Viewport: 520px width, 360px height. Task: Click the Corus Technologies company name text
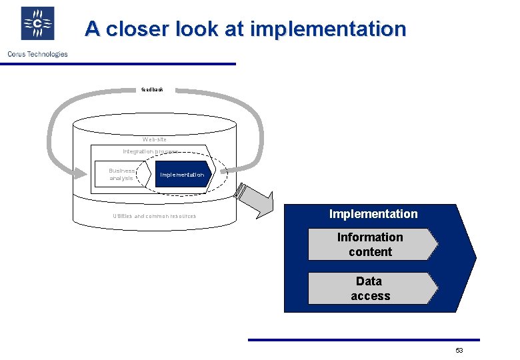(x=37, y=54)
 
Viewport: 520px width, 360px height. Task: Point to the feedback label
(x=153, y=89)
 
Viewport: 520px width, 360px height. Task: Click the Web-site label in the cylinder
(x=155, y=139)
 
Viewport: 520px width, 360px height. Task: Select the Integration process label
(x=150, y=152)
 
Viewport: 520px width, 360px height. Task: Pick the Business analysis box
(x=121, y=174)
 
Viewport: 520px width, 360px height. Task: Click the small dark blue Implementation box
(x=182, y=175)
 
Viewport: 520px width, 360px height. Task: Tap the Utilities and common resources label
(x=155, y=216)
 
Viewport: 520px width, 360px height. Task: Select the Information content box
(x=371, y=245)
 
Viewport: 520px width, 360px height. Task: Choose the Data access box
(x=371, y=289)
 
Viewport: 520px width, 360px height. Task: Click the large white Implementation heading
(x=373, y=214)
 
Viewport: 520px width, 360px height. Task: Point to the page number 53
(x=459, y=351)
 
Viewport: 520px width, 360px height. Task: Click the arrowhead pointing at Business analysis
(x=79, y=175)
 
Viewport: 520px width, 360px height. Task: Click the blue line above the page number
(x=363, y=340)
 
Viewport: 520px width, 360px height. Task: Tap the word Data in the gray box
(x=369, y=281)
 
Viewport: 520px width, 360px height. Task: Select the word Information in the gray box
(x=370, y=237)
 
